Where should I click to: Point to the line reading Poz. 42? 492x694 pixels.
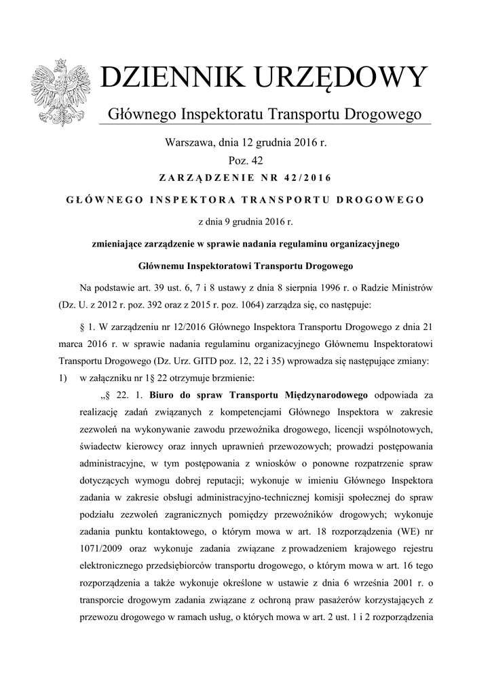click(x=246, y=161)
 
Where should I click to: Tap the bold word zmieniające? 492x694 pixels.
click(x=119, y=243)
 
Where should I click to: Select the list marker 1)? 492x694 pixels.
click(x=64, y=377)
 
